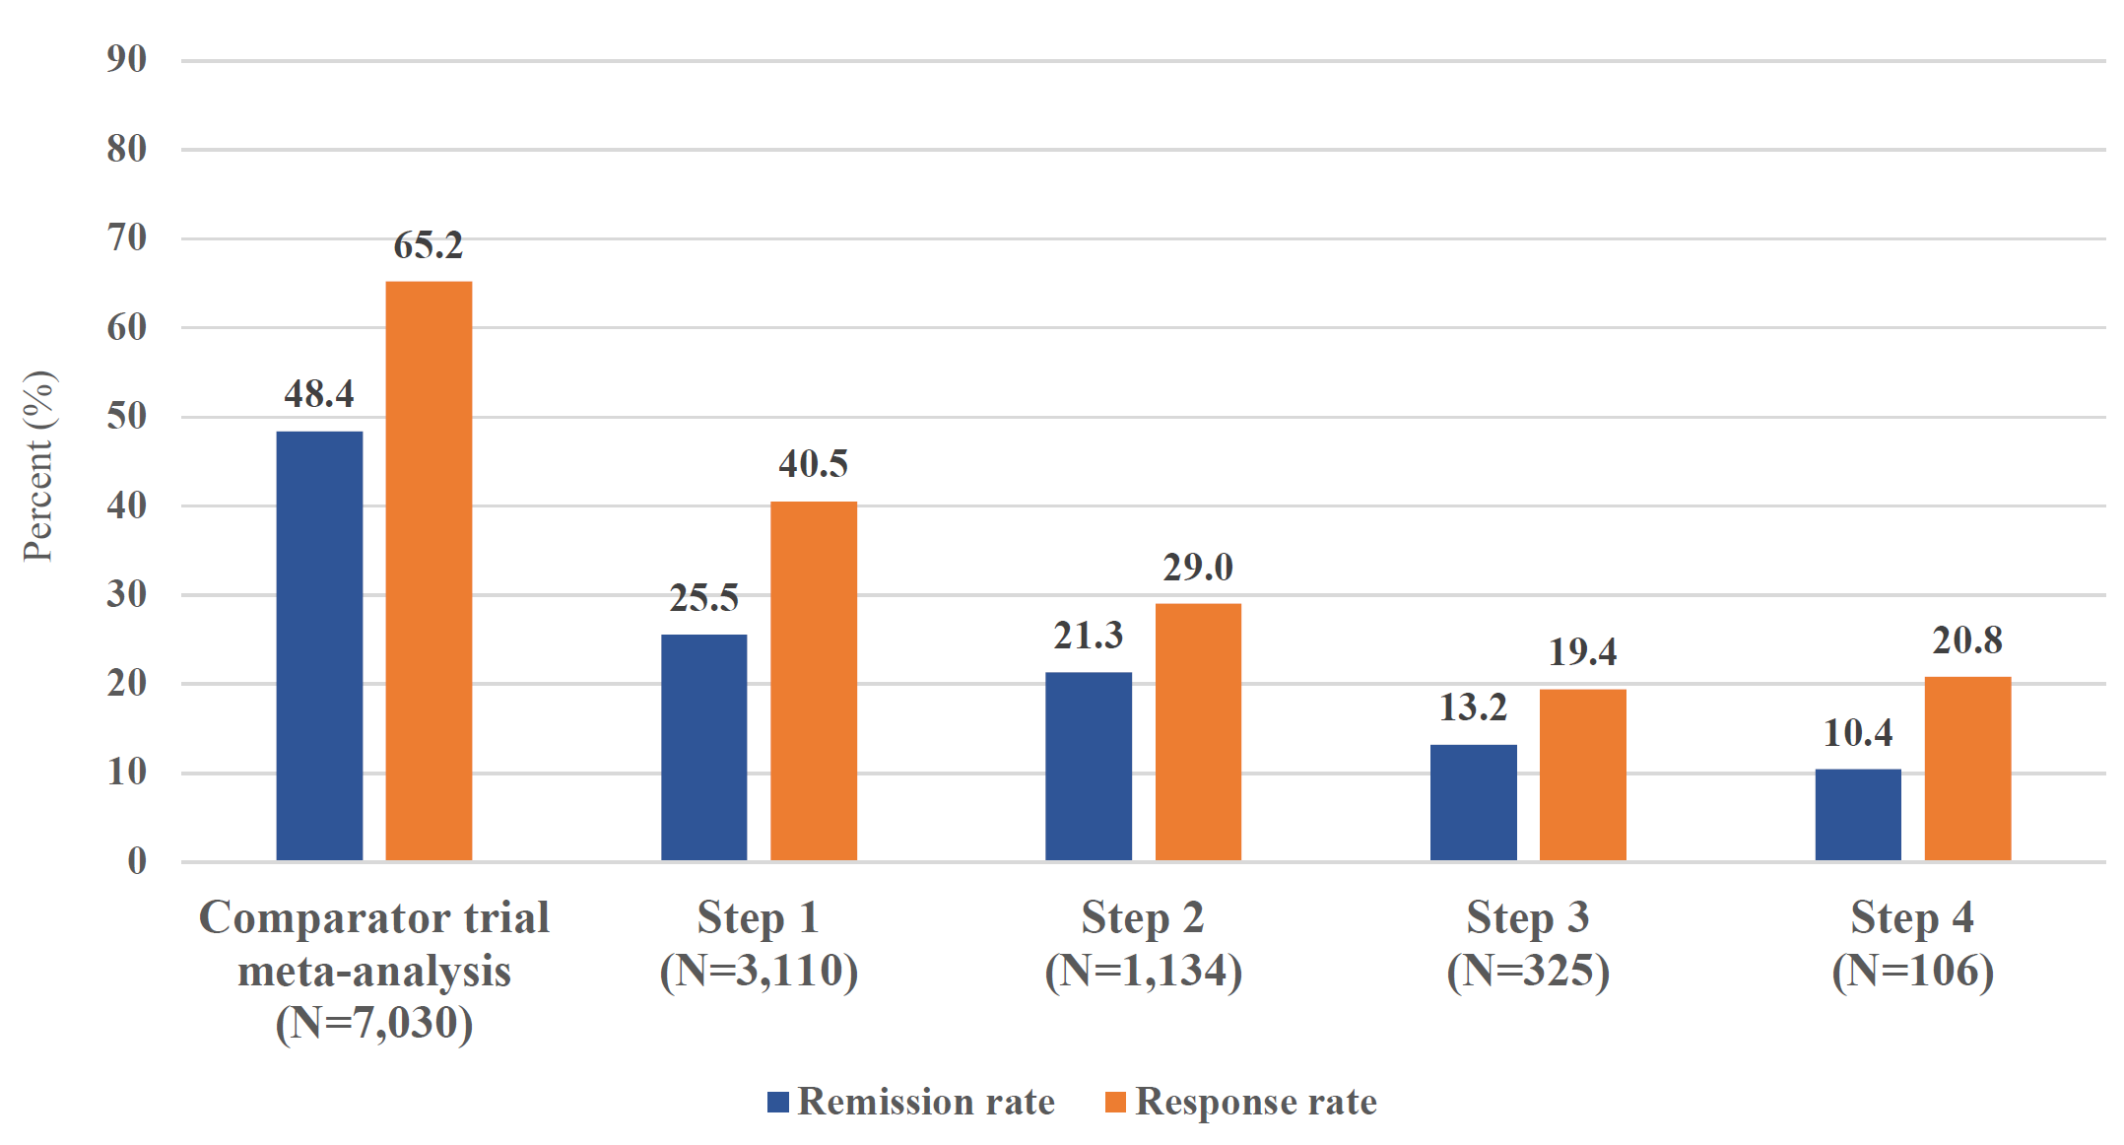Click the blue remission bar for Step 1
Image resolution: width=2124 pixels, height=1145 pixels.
coord(703,748)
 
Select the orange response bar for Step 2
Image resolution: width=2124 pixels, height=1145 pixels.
coord(1198,732)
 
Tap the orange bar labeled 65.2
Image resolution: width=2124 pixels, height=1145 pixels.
coord(429,572)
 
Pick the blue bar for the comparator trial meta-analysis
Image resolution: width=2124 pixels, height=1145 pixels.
coord(319,646)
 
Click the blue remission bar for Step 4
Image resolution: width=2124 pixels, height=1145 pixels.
coord(1858,815)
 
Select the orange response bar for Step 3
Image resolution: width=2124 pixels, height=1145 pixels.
coord(1582,775)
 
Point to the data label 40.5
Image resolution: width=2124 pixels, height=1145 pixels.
coord(813,463)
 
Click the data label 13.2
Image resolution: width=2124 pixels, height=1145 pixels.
coord(1473,707)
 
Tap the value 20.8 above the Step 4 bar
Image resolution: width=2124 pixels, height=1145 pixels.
coord(1966,640)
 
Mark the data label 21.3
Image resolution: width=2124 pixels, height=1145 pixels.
coord(1088,636)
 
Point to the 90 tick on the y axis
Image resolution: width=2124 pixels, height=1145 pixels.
coord(127,59)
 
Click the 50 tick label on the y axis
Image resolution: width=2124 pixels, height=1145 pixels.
coord(127,416)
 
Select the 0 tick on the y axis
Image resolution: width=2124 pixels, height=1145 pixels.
coord(137,861)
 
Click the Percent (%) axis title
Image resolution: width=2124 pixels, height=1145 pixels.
coord(39,466)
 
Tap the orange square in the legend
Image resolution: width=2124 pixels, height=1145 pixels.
coord(1115,1102)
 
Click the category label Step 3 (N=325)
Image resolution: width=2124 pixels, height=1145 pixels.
coord(1527,943)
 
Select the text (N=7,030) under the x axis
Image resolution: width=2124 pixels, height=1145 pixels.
coord(374,1023)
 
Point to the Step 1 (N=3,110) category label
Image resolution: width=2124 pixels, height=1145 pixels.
coord(759,943)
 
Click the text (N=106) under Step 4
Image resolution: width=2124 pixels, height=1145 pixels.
coord(1912,971)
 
